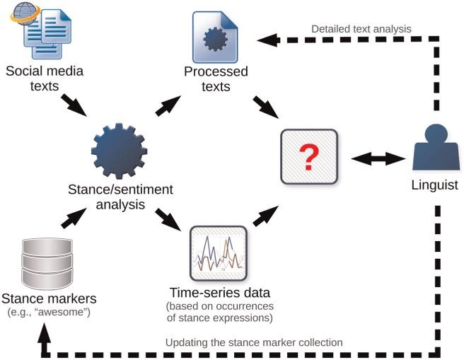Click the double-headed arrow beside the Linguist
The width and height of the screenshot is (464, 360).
click(x=373, y=159)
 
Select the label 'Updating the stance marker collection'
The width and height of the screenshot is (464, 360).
click(x=253, y=342)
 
